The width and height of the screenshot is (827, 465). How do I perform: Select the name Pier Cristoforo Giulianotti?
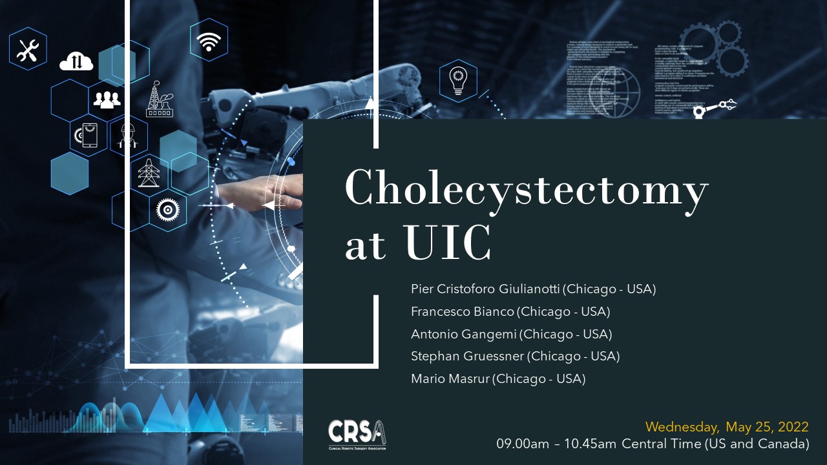pos(488,289)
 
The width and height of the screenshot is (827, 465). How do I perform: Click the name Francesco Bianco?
pos(463,312)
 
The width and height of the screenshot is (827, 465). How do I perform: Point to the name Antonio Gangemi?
pos(464,335)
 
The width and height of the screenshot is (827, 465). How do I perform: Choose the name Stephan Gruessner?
pos(468,356)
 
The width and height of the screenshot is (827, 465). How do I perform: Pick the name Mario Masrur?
pos(450,379)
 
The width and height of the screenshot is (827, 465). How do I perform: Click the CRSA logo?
pos(357,434)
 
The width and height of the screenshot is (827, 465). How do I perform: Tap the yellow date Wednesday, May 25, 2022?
pos(727,428)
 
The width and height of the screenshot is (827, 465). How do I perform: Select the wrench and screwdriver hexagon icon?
pos(28,49)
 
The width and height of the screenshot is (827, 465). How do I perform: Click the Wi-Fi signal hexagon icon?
pos(208,40)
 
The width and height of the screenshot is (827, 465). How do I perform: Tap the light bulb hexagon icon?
pos(458,81)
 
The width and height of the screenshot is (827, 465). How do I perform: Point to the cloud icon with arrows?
pos(76,62)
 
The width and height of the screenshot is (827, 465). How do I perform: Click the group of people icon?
pos(107,99)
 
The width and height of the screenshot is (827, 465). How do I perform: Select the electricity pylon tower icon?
pos(149,172)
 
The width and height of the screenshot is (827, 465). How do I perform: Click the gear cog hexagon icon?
pos(168,209)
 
